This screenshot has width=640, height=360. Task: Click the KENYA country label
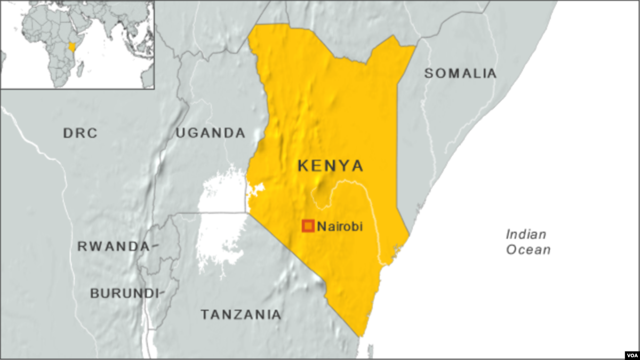coord(330,166)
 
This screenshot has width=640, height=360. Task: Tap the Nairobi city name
coord(340,227)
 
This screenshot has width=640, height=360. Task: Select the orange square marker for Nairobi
coord(308,226)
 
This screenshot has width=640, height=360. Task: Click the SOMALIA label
coord(460,74)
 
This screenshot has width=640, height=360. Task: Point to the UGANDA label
coord(211,133)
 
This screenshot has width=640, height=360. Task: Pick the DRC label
coord(81,133)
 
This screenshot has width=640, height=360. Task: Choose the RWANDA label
coord(113,246)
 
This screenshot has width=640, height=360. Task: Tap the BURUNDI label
coord(124,293)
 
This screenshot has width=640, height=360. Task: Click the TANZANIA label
coord(241,315)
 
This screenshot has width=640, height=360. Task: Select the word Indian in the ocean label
coord(526,234)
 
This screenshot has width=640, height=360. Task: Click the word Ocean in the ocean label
coord(529,250)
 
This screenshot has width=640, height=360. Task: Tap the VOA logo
coord(630,354)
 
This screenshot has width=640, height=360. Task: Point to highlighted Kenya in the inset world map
coord(72,46)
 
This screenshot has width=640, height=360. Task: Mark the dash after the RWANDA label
coord(154,246)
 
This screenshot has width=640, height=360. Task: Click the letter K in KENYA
coord(303,166)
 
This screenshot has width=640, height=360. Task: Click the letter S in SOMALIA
coord(429,74)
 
